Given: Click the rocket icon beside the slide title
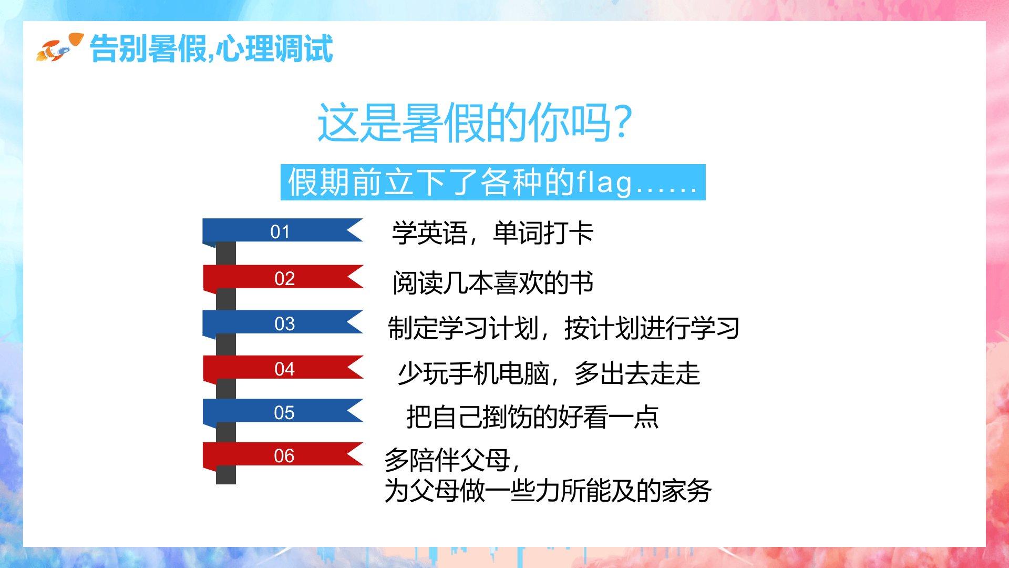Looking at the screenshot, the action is [59, 47].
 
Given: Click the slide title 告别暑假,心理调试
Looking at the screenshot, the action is [211, 48].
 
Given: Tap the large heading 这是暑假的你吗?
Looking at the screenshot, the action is [474, 123].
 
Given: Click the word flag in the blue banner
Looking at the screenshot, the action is [604, 182].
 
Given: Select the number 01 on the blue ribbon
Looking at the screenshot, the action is [280, 232].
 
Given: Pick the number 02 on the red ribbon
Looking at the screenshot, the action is [284, 278].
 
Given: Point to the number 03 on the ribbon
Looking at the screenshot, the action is [284, 323].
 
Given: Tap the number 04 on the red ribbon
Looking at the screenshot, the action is [284, 369].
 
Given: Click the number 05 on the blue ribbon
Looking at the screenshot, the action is [284, 412].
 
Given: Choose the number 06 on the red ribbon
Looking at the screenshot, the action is [284, 455].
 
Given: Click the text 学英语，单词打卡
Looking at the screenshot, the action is [492, 233].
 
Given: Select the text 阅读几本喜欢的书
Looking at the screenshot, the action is [493, 283].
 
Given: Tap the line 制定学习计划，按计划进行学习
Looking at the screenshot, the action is [563, 328].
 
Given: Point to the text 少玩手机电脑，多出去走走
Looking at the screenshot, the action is [549, 373].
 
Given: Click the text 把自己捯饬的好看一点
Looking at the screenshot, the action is [532, 417].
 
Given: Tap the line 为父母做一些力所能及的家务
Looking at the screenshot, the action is [548, 491].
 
